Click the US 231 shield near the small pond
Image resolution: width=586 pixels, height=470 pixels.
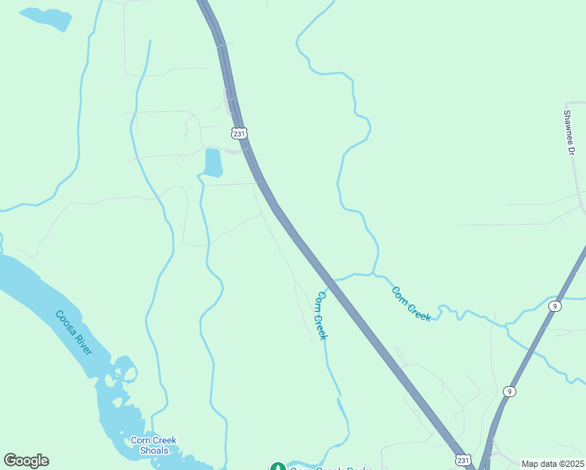[239, 134]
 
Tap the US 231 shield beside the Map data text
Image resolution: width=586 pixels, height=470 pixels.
[462, 460]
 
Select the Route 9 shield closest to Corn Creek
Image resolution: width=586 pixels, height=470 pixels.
[555, 306]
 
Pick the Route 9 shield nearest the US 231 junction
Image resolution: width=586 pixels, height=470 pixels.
[509, 391]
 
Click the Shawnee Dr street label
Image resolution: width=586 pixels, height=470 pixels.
[569, 132]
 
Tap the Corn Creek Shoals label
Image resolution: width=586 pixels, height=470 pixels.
[154, 445]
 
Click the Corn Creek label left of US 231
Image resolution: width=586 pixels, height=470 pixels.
[320, 315]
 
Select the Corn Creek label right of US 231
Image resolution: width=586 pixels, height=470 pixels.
[411, 303]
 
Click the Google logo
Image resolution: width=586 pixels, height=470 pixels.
[26, 461]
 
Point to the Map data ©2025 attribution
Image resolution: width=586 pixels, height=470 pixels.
[552, 464]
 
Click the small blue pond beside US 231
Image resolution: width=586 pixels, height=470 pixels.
[212, 162]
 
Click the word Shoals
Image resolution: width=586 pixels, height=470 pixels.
[154, 450]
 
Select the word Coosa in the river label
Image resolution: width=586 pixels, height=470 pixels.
[66, 322]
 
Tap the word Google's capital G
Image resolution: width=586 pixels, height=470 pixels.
[10, 461]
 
